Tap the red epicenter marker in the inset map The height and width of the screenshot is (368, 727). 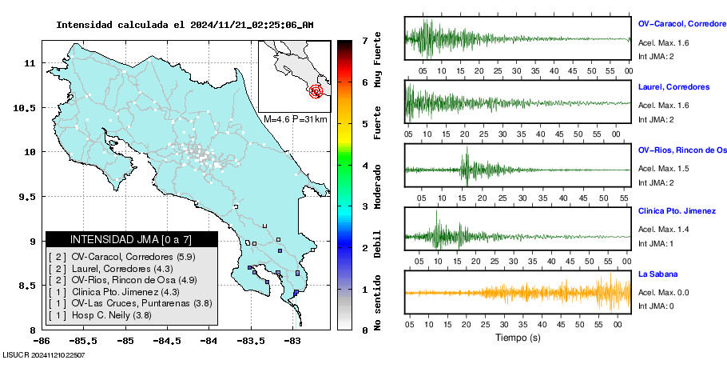pyautogui.click(x=316, y=91)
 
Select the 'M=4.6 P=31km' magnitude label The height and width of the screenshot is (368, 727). pyautogui.click(x=296, y=119)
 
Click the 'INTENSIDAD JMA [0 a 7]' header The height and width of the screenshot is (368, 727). pyautogui.click(x=132, y=239)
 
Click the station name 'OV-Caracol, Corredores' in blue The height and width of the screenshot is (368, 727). pyautogui.click(x=681, y=24)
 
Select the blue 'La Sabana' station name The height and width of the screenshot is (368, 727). pyautogui.click(x=657, y=274)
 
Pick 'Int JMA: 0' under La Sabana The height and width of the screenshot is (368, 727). pyautogui.click(x=656, y=306)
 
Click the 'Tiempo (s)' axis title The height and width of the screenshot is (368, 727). pyautogui.click(x=518, y=338)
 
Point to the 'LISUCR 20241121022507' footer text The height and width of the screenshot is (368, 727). pyautogui.click(x=44, y=354)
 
